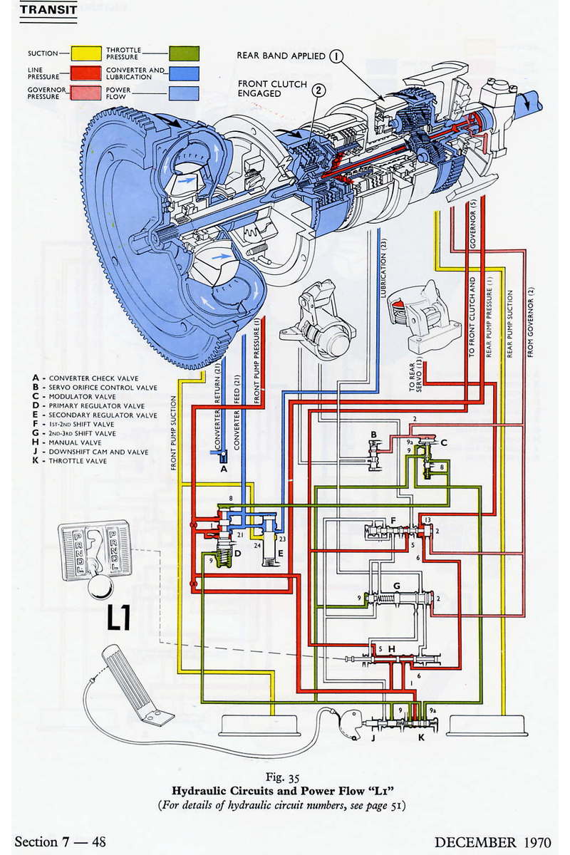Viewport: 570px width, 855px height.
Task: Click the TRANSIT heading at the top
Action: tap(48, 11)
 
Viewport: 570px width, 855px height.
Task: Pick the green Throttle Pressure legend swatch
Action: tap(184, 53)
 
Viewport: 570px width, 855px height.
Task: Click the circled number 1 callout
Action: tap(336, 56)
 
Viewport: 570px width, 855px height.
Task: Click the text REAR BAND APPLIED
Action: tap(281, 56)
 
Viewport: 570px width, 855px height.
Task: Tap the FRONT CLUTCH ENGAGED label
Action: tap(271, 88)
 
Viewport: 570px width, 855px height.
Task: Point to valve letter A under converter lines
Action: tap(223, 469)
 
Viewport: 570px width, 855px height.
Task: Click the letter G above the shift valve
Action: tap(397, 586)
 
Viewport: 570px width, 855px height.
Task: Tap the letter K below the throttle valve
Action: tap(421, 738)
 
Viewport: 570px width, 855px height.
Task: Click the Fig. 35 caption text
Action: tap(285, 777)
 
